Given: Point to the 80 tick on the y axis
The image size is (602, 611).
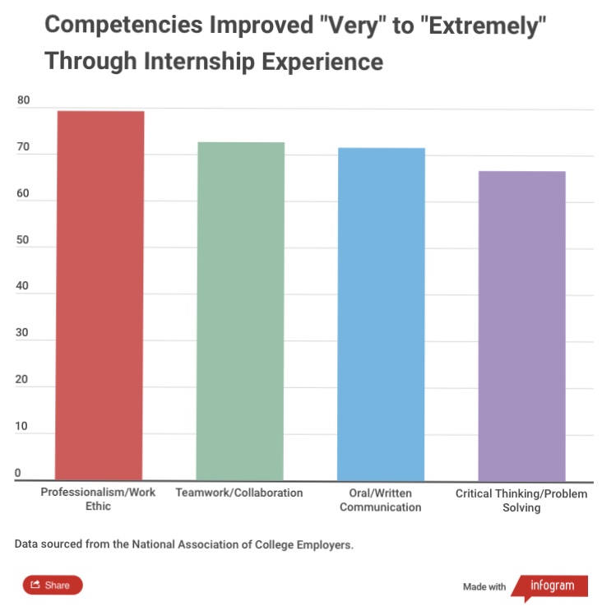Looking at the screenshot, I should (x=23, y=101).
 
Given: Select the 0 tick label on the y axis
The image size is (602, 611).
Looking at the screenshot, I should (x=17, y=474).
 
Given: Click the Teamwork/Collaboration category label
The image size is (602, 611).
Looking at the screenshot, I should (x=239, y=493).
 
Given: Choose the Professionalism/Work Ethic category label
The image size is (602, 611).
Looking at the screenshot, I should (x=98, y=499).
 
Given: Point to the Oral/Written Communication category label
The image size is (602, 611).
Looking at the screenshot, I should (x=380, y=500).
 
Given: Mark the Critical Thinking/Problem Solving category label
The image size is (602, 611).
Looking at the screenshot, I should (x=521, y=501).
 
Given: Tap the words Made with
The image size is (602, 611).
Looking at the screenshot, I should (x=484, y=587).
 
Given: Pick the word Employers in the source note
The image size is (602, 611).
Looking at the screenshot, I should (x=324, y=544).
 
